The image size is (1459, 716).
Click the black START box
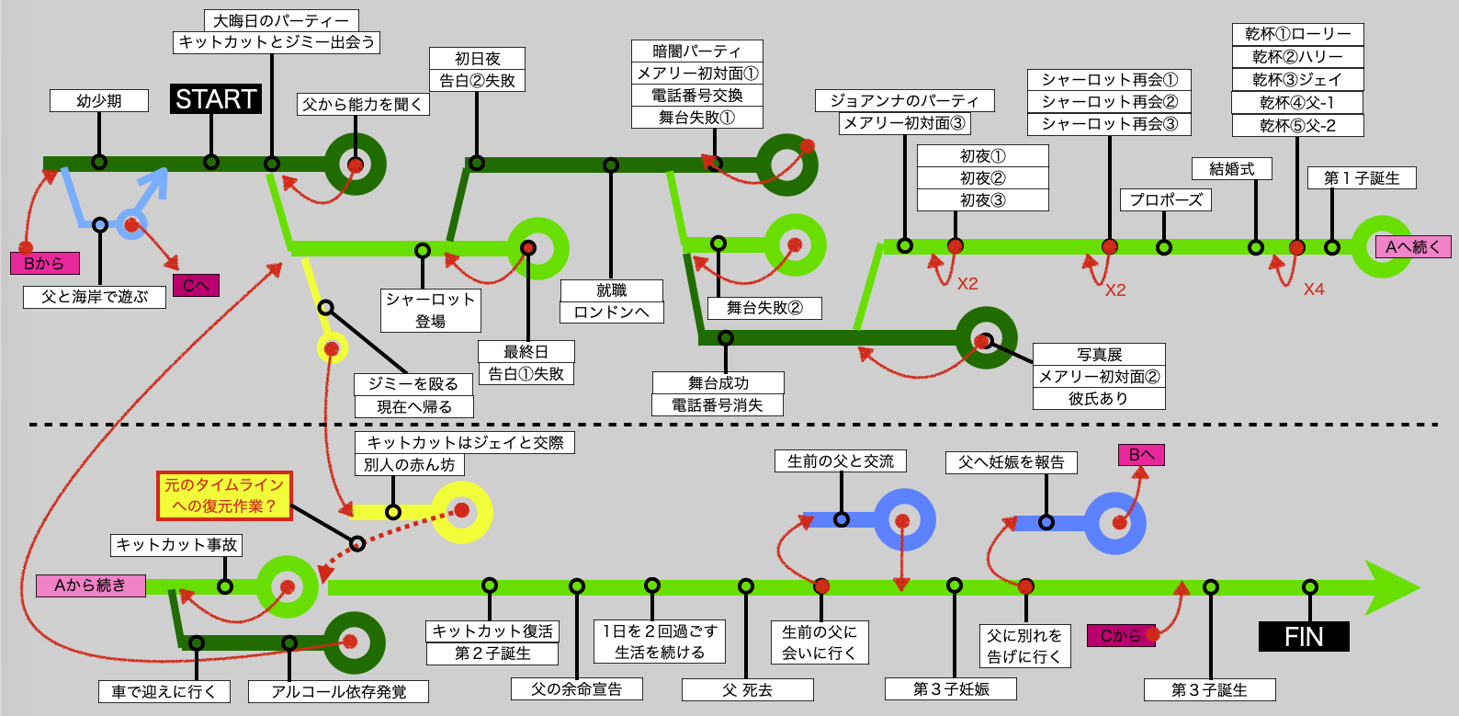[216, 99]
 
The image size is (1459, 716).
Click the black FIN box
[1303, 637]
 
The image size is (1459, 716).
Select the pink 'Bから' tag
[44, 264]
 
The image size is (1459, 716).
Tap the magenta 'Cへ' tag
[196, 286]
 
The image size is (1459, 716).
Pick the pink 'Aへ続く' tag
[1412, 247]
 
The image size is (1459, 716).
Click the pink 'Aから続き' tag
[90, 585]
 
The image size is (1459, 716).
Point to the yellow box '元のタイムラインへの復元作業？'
[224, 495]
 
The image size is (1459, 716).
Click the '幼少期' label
[99, 101]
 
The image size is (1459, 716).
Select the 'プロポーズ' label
[1165, 200]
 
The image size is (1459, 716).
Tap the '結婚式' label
[1231, 169]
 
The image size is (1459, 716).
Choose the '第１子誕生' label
[1361, 178]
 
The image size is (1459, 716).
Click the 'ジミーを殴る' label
[413, 384]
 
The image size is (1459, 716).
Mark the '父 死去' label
[747, 690]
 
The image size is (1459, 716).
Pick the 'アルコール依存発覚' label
[338, 692]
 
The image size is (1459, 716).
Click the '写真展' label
[1099, 355]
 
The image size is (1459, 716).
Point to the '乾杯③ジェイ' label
[1296, 80]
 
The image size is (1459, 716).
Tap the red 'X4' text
[1314, 290]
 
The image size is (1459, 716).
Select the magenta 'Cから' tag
[1120, 636]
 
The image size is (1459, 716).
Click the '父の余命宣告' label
[576, 689]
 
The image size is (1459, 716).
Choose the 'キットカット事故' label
[176, 545]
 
